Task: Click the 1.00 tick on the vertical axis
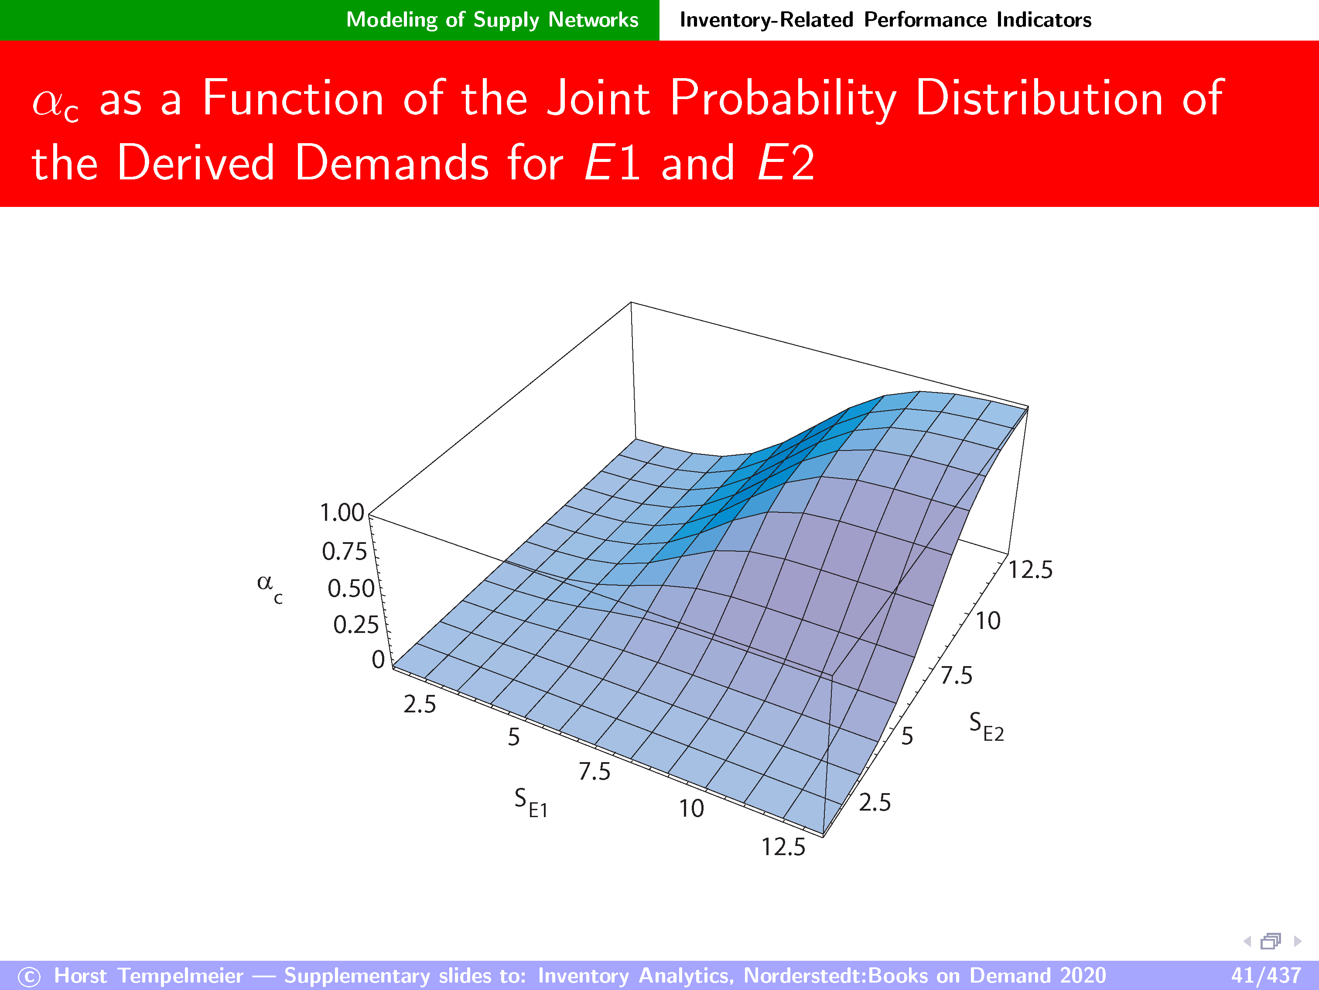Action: [x=342, y=512]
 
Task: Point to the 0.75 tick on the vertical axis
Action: [x=344, y=551]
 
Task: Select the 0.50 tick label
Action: [x=351, y=588]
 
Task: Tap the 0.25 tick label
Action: [x=356, y=625]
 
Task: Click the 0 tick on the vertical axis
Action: [x=378, y=660]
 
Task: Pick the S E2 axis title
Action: [x=986, y=726]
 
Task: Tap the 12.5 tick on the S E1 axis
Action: [x=783, y=847]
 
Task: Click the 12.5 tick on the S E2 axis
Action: [x=1030, y=570]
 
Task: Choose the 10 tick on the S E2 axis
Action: [x=988, y=621]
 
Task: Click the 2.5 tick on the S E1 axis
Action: [x=420, y=705]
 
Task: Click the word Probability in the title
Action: [x=783, y=100]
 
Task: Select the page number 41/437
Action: [x=1266, y=976]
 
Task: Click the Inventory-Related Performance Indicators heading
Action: [x=885, y=20]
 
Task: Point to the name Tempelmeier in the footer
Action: [x=181, y=976]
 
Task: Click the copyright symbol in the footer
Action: [x=29, y=977]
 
